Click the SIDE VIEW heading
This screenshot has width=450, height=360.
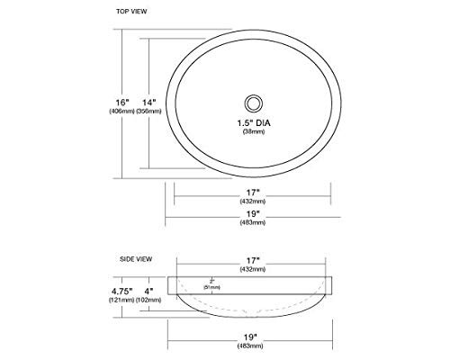[x=135, y=258]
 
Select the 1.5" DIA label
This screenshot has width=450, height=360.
[x=253, y=121]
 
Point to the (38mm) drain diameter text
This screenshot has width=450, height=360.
[x=253, y=132]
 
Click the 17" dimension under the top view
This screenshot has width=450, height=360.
[x=253, y=192]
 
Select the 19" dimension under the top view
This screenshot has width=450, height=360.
[x=253, y=213]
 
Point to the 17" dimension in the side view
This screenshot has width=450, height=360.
[x=253, y=258]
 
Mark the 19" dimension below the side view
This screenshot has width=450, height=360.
[x=253, y=337]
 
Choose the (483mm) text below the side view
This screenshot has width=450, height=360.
[x=253, y=347]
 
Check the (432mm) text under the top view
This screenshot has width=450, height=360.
[x=253, y=202]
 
